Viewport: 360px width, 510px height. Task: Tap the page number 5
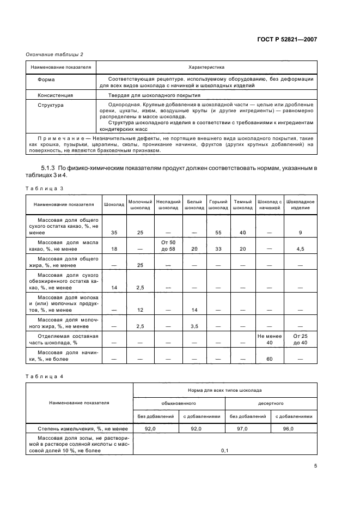(315, 466)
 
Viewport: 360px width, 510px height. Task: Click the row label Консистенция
(55, 95)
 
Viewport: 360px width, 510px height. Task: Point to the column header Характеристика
(206, 68)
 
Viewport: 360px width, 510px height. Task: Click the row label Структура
(51, 104)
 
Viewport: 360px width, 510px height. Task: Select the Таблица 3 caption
(45, 188)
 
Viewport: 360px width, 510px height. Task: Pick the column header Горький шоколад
(218, 204)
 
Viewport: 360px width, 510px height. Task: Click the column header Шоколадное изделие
(300, 204)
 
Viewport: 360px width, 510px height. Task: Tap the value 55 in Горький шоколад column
(218, 233)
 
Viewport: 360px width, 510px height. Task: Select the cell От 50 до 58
(168, 245)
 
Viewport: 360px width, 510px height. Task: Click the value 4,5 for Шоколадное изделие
(300, 249)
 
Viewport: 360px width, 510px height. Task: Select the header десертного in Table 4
(271, 404)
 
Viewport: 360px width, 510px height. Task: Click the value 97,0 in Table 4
(247, 429)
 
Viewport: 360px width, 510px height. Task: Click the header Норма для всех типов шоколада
(225, 390)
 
